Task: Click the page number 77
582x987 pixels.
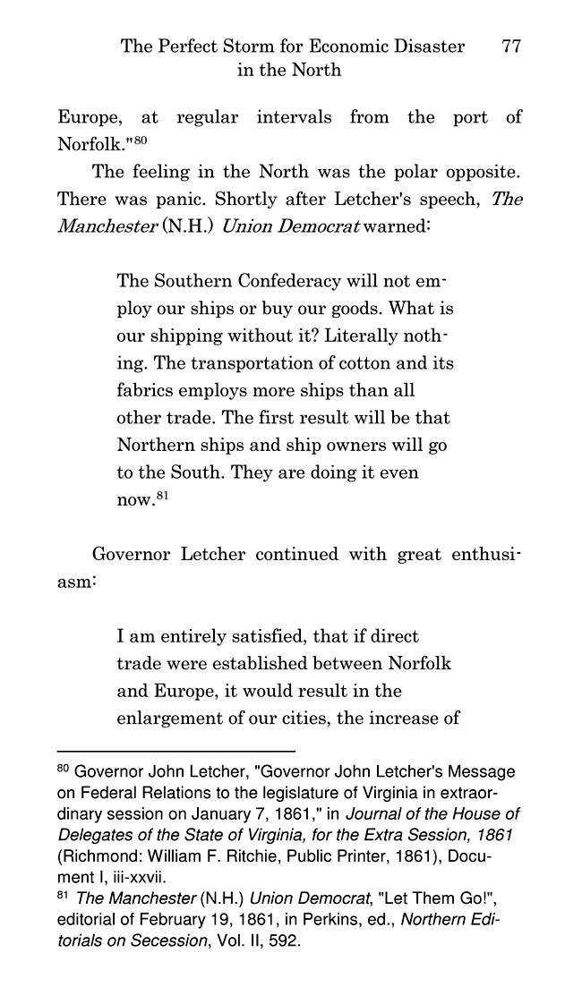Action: (512, 47)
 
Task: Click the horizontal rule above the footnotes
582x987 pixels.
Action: (175, 750)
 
